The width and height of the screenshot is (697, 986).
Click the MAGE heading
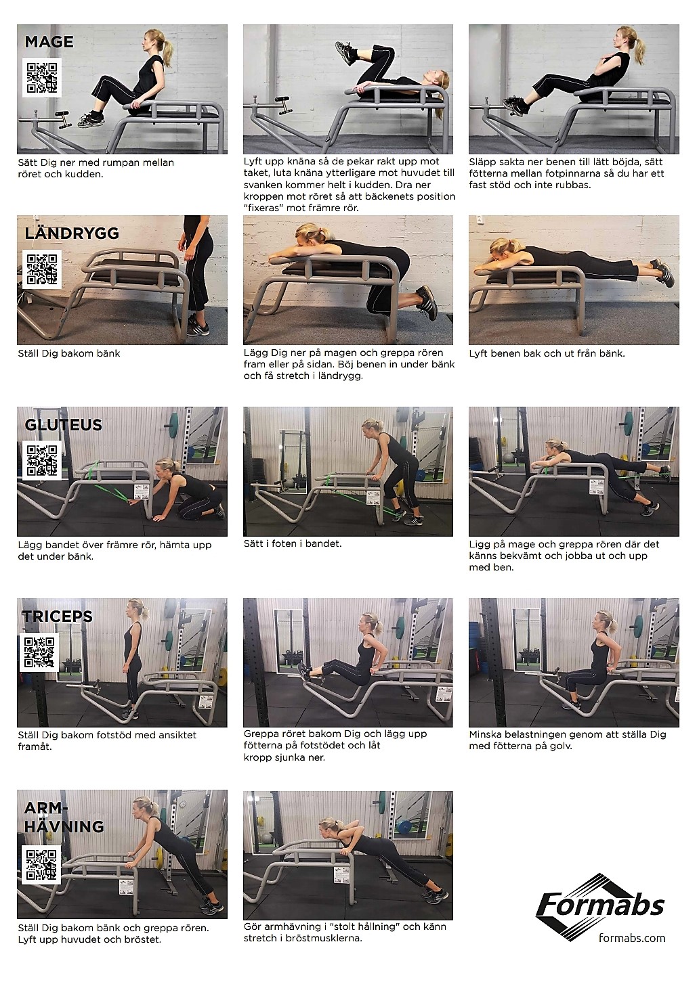49,42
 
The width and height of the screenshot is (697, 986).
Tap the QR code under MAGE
42,78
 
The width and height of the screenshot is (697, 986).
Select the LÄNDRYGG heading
72,233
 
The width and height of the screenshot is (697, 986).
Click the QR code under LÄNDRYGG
42,269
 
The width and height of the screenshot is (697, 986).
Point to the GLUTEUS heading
63,425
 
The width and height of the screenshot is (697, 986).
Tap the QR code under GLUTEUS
42,460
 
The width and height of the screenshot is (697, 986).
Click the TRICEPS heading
58,617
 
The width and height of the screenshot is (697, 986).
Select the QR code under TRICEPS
39,652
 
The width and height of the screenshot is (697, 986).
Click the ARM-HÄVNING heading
64,817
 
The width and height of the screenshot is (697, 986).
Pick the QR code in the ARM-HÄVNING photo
42,864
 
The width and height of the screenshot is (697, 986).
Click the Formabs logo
600,907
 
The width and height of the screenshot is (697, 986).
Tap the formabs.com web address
632,938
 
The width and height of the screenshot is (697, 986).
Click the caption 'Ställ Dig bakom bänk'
68,353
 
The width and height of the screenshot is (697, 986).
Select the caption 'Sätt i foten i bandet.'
293,543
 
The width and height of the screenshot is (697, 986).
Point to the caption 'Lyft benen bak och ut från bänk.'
547,353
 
